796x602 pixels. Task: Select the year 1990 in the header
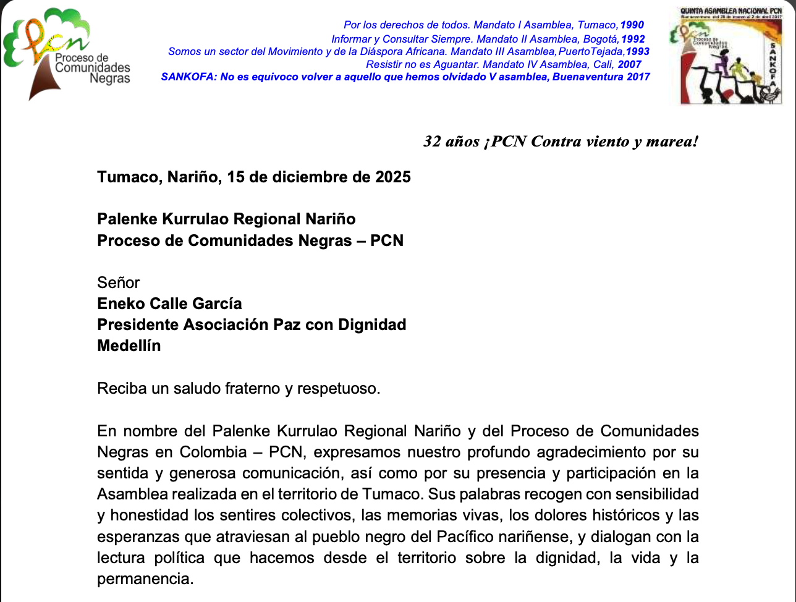(x=632, y=25)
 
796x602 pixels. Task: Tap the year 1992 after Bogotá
(x=633, y=38)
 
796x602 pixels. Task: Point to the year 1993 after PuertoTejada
(x=637, y=51)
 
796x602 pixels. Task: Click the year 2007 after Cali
(x=629, y=64)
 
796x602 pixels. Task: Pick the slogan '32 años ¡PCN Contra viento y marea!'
(x=561, y=142)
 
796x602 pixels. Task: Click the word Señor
(x=119, y=282)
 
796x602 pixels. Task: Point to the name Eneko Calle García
(x=169, y=303)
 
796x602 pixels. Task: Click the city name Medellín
(x=129, y=346)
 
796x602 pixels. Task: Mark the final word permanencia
(x=145, y=579)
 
